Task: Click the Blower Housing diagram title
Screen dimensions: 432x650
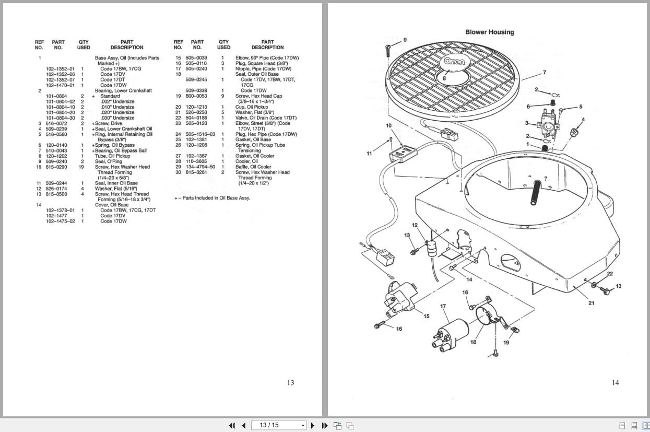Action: coord(489,32)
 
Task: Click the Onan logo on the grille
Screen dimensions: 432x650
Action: coord(454,61)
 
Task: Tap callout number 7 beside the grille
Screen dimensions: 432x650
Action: coord(545,73)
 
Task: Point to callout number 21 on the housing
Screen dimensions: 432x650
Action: coord(591,303)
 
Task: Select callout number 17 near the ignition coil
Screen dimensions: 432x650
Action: coord(443,306)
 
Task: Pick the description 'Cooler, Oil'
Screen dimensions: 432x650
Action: coord(246,161)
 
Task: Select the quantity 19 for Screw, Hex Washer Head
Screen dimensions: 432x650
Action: coord(81,167)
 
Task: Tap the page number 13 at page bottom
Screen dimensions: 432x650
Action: coord(290,382)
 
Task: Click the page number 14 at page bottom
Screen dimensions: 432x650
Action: coord(615,382)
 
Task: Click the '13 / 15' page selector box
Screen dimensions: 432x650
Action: coord(278,425)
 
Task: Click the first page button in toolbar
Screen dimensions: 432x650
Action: coord(232,425)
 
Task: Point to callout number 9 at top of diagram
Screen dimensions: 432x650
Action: coord(405,40)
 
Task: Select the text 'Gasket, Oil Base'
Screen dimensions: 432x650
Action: coord(253,139)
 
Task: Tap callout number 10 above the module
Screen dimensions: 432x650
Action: coord(388,126)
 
